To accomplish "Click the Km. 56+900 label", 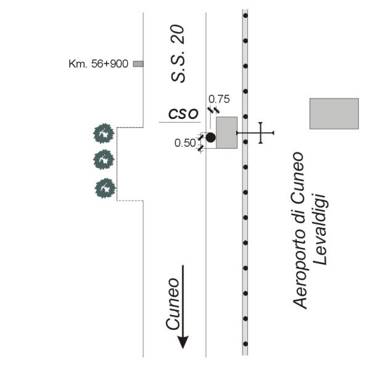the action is click(x=98, y=64).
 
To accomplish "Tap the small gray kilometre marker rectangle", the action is click(x=138, y=64).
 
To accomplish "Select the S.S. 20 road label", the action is click(x=178, y=54).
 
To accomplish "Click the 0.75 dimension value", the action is click(x=219, y=99).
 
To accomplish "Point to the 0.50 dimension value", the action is click(x=185, y=143).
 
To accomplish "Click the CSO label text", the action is click(x=183, y=113).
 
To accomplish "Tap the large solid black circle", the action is click(x=210, y=138).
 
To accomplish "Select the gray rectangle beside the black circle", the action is click(x=227, y=133).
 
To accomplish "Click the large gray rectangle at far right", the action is click(x=334, y=113).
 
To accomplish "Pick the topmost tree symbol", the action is click(x=104, y=133).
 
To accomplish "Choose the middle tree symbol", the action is click(x=104, y=160).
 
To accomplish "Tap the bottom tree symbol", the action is click(x=105, y=188).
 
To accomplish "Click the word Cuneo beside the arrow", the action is click(x=173, y=304).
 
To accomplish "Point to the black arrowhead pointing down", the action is click(x=183, y=342).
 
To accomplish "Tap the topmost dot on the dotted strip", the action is click(x=245, y=15).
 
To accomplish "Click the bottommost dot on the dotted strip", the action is click(x=245, y=344).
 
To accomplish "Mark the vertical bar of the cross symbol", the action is click(x=260, y=133).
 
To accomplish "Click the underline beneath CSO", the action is click(x=180, y=122).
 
